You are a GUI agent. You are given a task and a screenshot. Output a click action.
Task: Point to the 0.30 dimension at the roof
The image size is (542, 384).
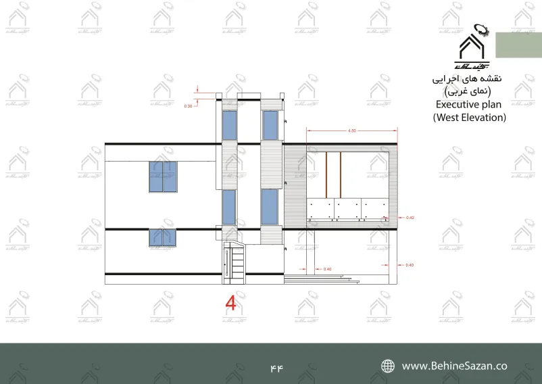pyautogui.click(x=188, y=107)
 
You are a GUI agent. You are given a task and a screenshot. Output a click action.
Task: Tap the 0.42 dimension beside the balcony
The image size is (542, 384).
pyautogui.click(x=410, y=217)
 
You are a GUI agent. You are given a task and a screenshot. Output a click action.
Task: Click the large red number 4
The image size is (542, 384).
pyautogui.click(x=230, y=303)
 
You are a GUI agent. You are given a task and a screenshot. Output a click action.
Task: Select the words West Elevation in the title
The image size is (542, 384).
pyautogui.click(x=469, y=117)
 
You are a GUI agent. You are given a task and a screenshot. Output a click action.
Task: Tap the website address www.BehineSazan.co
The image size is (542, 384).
pyautogui.click(x=454, y=366)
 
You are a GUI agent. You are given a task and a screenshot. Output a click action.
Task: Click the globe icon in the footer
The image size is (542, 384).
pyautogui.click(x=388, y=366)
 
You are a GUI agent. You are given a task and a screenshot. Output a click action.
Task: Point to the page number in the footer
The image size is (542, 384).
pyautogui.click(x=276, y=367)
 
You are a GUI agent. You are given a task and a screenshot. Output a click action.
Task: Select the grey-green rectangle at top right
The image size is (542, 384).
pyautogui.click(x=518, y=45)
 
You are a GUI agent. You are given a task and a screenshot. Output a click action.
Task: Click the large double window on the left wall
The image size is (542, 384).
pyautogui.click(x=163, y=176)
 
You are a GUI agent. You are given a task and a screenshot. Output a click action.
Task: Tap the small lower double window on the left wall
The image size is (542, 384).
pyautogui.click(x=163, y=237)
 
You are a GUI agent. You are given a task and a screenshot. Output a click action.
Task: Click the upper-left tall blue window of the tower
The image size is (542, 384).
pyautogui.click(x=230, y=126)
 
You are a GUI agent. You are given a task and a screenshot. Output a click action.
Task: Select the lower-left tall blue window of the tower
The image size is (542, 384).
pyautogui.click(x=229, y=206)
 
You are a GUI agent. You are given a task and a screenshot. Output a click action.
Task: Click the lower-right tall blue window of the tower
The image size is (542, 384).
pyautogui.click(x=270, y=206)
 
